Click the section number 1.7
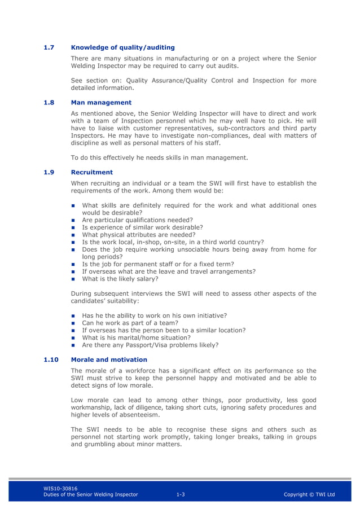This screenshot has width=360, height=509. pyautogui.click(x=49, y=47)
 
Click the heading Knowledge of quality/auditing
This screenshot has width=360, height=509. pyautogui.click(x=122, y=47)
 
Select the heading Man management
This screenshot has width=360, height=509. pyautogui.click(x=101, y=103)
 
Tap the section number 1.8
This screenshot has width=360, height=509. pyautogui.click(x=49, y=103)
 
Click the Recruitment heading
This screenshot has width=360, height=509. pyautogui.click(x=91, y=172)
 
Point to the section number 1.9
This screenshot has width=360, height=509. pyautogui.click(x=49, y=172)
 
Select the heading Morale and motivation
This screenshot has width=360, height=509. pyautogui.click(x=109, y=359)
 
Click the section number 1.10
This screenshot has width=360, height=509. pyautogui.click(x=50, y=359)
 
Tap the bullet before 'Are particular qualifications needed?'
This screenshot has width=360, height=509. pyautogui.click(x=73, y=220)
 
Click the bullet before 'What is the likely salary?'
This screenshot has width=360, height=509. pyautogui.click(x=73, y=279)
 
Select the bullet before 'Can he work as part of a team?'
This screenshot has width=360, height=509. pyautogui.click(x=73, y=323)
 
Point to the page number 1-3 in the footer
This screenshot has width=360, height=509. pyautogui.click(x=181, y=495)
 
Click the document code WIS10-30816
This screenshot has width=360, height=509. pyautogui.click(x=60, y=489)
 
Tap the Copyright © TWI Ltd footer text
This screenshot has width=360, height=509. pyautogui.click(x=309, y=495)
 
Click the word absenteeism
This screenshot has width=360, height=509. pyautogui.click(x=138, y=415)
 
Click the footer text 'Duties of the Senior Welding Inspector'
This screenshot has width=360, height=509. pyautogui.click(x=90, y=495)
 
